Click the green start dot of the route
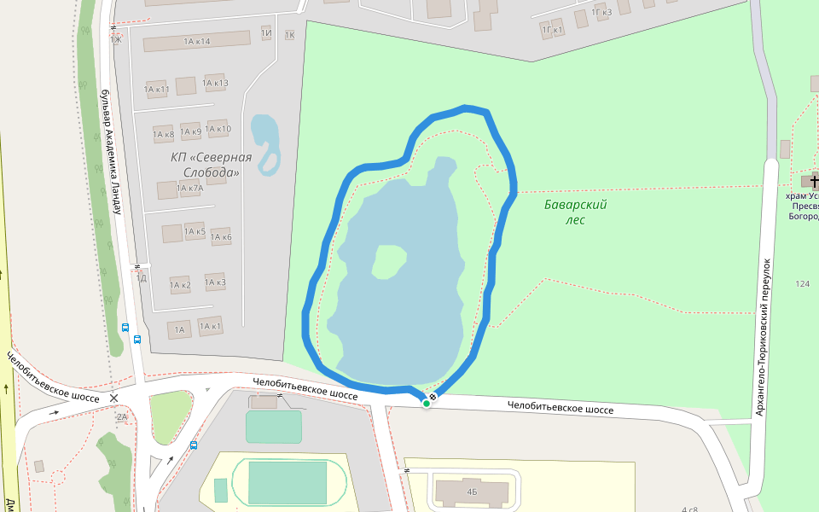click(426, 403)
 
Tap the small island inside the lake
click(389, 261)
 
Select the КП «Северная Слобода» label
click(211, 165)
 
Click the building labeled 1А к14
click(196, 42)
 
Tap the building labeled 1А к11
click(157, 89)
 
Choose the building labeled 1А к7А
click(189, 188)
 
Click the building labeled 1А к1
click(210, 325)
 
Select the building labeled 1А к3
click(214, 282)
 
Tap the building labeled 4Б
click(472, 491)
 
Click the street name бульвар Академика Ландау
click(109, 154)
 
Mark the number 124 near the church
click(802, 283)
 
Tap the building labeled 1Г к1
click(553, 30)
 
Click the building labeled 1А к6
click(221, 236)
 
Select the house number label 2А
click(121, 416)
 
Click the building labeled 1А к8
click(163, 134)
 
